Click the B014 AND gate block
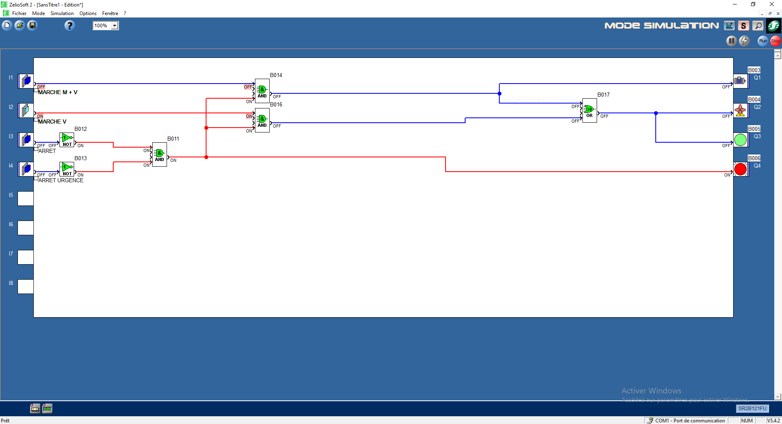[x=262, y=91]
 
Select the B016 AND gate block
[x=262, y=120]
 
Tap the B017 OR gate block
[x=589, y=110]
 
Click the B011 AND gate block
[x=159, y=154]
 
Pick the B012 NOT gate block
[x=67, y=139]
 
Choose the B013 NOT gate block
[x=67, y=169]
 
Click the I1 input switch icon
[x=26, y=81]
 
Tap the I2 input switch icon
[x=26, y=110]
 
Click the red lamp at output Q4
[x=740, y=169]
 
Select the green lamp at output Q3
[x=740, y=140]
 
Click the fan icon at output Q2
[x=740, y=110]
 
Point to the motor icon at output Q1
[x=740, y=81]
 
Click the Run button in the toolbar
[x=763, y=41]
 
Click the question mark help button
[x=70, y=26]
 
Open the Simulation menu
[x=62, y=13]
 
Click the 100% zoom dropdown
[x=105, y=26]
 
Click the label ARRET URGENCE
[x=61, y=180]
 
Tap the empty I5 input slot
[x=26, y=199]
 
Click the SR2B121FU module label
[x=752, y=409]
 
